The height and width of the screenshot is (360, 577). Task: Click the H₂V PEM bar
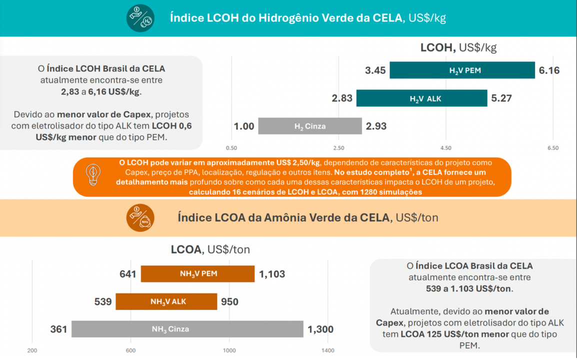462,70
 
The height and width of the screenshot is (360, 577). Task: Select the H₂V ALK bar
421,98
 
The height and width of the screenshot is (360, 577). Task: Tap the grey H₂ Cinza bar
309,126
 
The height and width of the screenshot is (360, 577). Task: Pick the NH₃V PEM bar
197,274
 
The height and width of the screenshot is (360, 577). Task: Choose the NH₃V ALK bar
166,302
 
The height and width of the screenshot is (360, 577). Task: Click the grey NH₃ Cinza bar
187,329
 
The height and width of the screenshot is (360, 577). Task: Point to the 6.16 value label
549,70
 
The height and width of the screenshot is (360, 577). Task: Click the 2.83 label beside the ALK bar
342,98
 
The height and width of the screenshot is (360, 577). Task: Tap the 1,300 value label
320,329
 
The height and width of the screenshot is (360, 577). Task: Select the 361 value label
58,329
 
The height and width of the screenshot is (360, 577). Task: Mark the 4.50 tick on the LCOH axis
445,148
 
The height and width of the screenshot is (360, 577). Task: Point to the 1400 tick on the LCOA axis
327,350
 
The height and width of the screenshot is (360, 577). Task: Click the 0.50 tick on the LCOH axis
231,148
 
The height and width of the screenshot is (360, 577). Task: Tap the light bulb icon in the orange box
92,175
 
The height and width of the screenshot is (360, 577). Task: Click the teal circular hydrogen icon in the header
140,18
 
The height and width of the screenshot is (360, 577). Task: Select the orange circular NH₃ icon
140,218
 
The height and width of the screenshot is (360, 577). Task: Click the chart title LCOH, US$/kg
458,48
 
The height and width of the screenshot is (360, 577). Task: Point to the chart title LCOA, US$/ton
210,249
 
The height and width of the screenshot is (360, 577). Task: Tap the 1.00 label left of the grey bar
244,126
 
